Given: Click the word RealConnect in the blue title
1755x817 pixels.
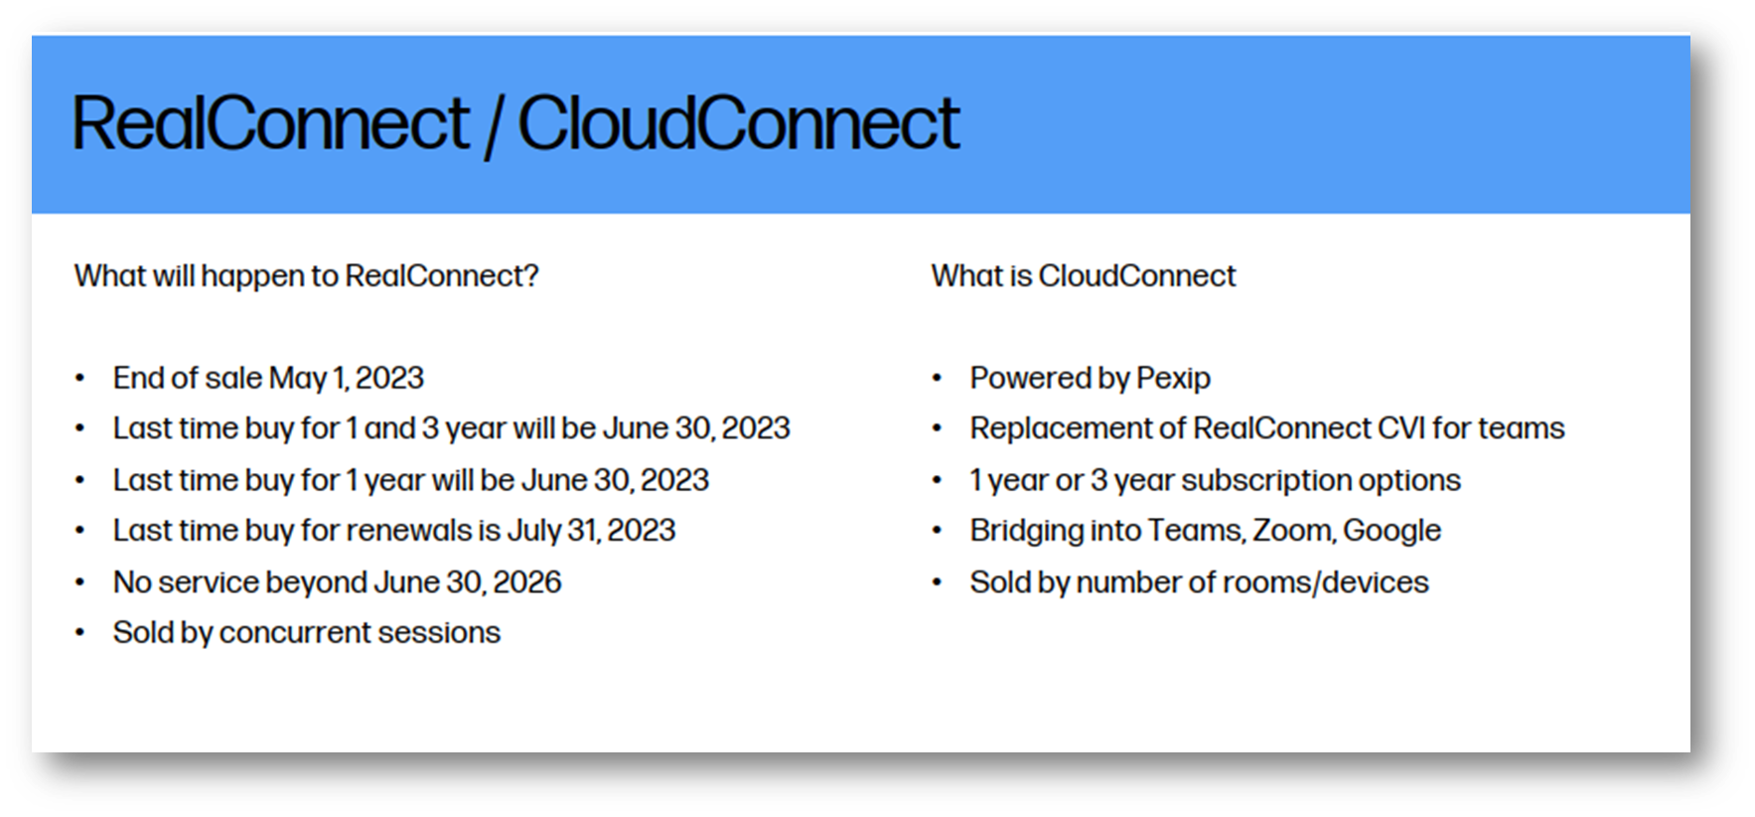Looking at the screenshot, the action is [270, 123].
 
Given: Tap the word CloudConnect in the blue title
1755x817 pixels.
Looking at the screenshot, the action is [738, 123].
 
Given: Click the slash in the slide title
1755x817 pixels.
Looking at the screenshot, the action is [493, 125].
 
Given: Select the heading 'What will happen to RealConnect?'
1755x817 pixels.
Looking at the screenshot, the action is [306, 275].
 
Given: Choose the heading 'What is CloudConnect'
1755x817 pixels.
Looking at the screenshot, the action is [1084, 275].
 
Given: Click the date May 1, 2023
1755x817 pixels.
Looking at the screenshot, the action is [347, 378].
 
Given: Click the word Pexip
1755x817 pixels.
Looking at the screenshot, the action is [1173, 379].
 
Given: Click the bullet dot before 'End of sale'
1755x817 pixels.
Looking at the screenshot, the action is [80, 379].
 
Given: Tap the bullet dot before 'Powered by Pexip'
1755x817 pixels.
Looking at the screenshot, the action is [937, 379].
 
